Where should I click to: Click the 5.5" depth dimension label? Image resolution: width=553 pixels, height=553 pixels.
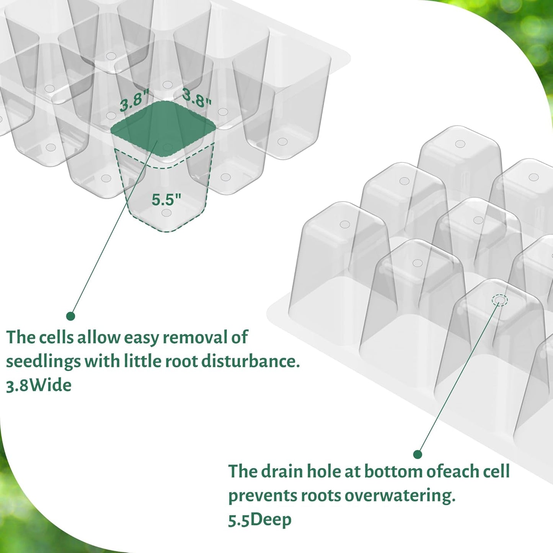(166, 199)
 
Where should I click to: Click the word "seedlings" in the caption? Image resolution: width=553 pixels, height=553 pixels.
(43, 362)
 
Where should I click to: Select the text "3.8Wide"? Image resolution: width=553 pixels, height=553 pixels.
(39, 385)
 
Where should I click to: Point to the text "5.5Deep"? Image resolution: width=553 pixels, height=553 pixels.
(259, 520)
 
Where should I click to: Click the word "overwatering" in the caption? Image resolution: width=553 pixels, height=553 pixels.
(400, 496)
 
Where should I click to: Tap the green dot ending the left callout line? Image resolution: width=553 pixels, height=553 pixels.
(70, 316)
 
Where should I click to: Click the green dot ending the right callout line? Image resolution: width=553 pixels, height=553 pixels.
(418, 455)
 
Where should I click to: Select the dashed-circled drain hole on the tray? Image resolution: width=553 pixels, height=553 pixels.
(500, 300)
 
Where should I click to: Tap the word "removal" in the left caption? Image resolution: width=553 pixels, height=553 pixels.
(193, 338)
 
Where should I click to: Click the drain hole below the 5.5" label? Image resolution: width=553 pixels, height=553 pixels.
(166, 212)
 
